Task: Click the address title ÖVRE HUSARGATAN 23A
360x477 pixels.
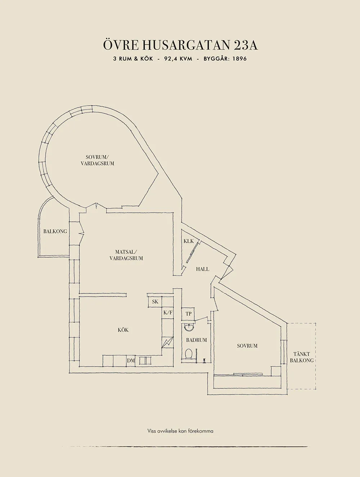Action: (180, 45)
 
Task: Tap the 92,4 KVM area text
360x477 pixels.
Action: (178, 59)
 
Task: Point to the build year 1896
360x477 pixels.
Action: (239, 59)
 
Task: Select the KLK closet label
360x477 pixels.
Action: (189, 241)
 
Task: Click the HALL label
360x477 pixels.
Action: (203, 269)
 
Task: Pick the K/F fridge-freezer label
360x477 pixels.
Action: (168, 313)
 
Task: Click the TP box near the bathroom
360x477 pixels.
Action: (188, 314)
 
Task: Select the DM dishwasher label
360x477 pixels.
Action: (131, 361)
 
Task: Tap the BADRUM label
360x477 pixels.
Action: (196, 340)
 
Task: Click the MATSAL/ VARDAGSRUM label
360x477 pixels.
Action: (126, 255)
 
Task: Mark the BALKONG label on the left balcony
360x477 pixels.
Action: (55, 231)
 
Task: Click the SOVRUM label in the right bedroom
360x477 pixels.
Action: (247, 346)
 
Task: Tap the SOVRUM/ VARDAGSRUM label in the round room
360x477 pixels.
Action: (98, 160)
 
